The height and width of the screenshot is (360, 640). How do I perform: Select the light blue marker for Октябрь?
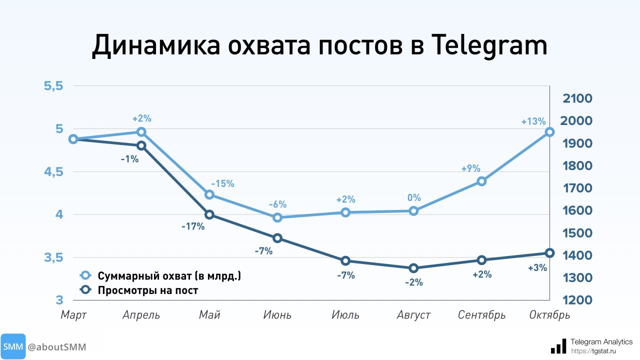549,132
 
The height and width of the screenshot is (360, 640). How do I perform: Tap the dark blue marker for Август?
413,268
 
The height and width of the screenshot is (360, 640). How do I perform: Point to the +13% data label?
533,121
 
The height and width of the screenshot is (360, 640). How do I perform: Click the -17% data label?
193,226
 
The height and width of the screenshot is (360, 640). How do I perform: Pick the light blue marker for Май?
209,194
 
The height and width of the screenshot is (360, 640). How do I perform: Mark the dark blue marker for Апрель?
141,145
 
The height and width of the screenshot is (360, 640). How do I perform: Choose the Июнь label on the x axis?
277,315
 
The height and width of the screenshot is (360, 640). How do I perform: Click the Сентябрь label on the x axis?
482,315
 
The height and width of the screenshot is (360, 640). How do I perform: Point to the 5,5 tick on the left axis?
53,86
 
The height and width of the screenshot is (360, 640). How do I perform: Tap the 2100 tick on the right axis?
577,98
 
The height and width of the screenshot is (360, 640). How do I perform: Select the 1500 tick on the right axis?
577,233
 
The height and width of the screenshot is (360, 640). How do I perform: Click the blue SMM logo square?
12,347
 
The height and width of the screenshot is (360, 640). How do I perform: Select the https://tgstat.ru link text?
593,351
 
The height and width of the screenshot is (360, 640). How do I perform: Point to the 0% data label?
414,198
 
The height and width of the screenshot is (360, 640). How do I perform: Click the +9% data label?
470,168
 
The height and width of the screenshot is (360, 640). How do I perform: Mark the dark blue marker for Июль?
345,261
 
